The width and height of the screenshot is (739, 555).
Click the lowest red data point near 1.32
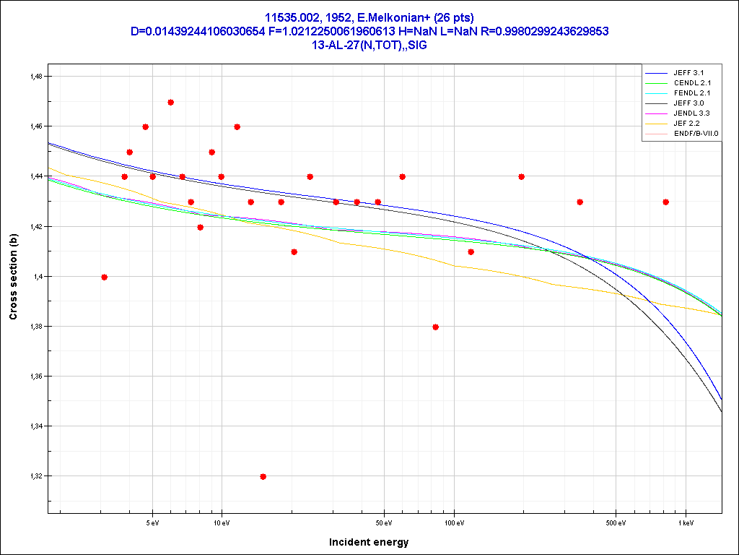263,476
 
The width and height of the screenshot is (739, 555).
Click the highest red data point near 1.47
170,102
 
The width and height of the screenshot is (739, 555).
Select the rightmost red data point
666,202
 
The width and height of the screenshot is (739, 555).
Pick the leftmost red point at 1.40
105,277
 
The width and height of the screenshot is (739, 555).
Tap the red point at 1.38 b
435,327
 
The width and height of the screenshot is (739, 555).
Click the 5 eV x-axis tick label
152,520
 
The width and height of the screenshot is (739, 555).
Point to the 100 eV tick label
454,520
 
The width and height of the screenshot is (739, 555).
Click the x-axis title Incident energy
369,542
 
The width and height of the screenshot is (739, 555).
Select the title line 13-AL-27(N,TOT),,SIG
369,45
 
